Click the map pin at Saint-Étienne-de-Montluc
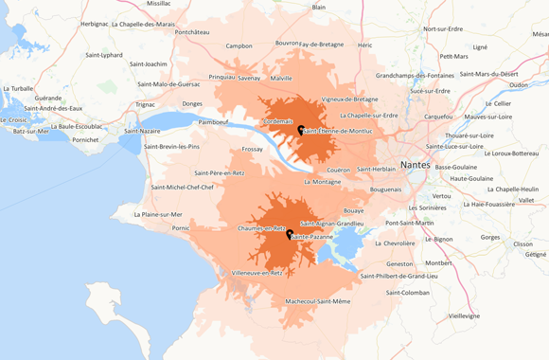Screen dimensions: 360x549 click(301, 130)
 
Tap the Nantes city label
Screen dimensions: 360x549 click(415, 165)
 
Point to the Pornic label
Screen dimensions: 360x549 click(181, 227)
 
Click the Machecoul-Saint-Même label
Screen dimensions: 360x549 click(318, 301)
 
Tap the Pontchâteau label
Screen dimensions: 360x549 click(192, 31)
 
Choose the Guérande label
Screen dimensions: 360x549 click(48, 98)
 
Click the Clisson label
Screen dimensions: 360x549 click(522, 243)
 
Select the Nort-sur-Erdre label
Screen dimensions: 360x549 click(447, 28)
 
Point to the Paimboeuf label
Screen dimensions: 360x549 click(213, 121)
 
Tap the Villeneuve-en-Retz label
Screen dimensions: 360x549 click(257, 273)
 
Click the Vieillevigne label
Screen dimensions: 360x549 click(464, 315)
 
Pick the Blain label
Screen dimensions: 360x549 click(319, 7)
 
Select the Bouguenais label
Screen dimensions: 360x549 click(386, 189)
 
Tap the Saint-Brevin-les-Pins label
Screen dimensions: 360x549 click(171, 147)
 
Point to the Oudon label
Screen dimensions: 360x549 click(518, 84)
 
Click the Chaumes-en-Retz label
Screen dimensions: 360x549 click(262, 228)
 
